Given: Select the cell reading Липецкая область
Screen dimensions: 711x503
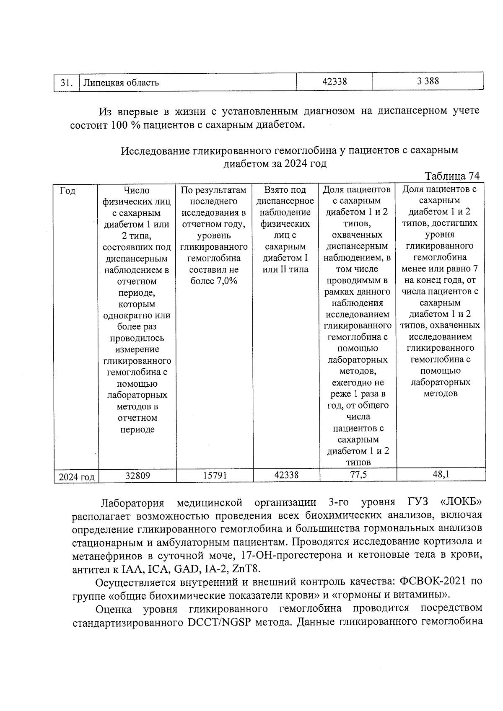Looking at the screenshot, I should (121, 83).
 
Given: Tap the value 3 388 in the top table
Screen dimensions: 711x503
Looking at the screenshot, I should (428, 81).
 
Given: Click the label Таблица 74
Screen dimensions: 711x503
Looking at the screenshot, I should (452, 176).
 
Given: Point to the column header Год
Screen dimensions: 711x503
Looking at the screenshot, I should (67, 191).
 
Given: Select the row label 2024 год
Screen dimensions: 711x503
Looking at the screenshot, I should (76, 477).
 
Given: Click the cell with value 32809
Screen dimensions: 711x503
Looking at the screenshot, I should (137, 476).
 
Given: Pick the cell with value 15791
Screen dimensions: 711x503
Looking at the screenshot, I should (215, 476).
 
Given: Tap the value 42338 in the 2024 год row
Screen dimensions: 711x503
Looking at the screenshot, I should (286, 475).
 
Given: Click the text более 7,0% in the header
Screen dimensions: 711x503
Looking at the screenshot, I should (214, 281).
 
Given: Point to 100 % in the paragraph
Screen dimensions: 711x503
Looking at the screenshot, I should (126, 125).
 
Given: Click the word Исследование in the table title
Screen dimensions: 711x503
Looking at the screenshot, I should (155, 150).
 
